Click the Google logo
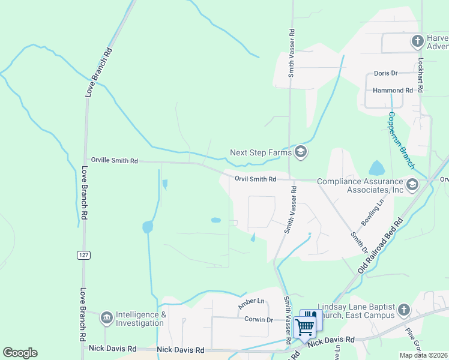(x=20, y=353)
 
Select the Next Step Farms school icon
(x=301, y=152)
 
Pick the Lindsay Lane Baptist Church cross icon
(x=404, y=310)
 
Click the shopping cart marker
(x=305, y=326)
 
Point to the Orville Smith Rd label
(x=114, y=161)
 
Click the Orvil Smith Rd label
(x=256, y=179)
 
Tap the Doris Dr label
(x=386, y=73)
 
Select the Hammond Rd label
(x=393, y=91)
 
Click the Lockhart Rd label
(x=421, y=74)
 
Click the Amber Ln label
(x=252, y=301)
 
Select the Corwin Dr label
(x=259, y=320)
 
